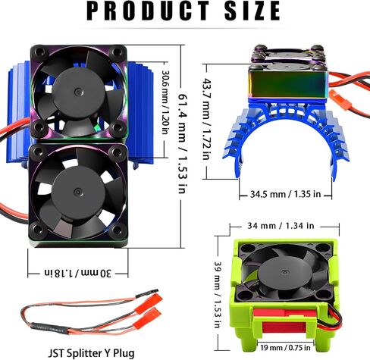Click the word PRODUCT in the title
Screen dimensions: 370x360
click(x=148, y=11)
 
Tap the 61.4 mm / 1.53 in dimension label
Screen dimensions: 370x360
click(x=183, y=143)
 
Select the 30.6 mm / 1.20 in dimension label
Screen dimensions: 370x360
click(x=165, y=102)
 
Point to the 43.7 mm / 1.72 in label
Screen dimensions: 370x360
click(x=206, y=119)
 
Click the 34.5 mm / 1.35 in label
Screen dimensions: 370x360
click(x=285, y=194)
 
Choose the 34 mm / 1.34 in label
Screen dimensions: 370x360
click(x=281, y=226)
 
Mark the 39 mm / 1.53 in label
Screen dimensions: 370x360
click(x=218, y=295)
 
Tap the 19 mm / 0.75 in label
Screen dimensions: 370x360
click(x=285, y=348)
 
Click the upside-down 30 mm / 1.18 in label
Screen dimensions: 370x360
click(x=78, y=273)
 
